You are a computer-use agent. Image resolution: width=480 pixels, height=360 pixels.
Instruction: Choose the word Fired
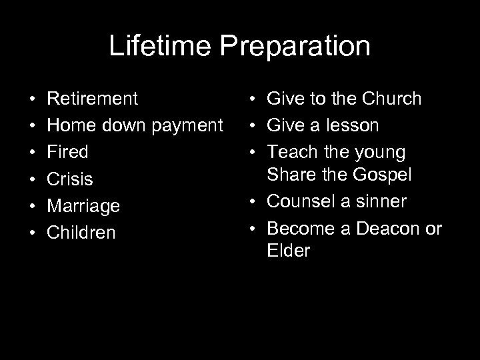click(x=68, y=152)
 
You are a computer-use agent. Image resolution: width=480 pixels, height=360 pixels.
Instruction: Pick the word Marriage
click(x=83, y=206)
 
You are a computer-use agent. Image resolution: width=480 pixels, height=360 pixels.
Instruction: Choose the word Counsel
click(x=301, y=201)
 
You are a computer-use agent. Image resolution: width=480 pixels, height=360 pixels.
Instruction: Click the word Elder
click(x=288, y=251)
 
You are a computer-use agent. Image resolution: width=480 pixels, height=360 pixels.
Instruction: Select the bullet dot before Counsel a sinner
click(x=256, y=201)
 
